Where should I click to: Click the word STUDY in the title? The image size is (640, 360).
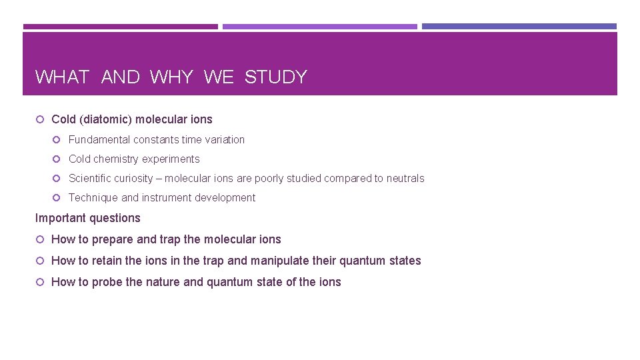(275, 77)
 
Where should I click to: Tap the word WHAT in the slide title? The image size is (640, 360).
(62, 77)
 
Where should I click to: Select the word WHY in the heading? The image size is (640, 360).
(171, 77)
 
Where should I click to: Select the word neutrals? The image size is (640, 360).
(405, 179)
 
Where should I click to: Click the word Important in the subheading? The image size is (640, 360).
(60, 218)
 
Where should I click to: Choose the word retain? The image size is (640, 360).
(108, 261)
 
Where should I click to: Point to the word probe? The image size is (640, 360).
(107, 282)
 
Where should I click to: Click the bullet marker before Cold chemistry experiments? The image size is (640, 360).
(57, 159)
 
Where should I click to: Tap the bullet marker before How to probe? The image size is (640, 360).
(40, 282)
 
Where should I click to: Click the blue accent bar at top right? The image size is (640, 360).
(519, 27)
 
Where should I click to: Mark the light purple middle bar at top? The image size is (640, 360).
(319, 27)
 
